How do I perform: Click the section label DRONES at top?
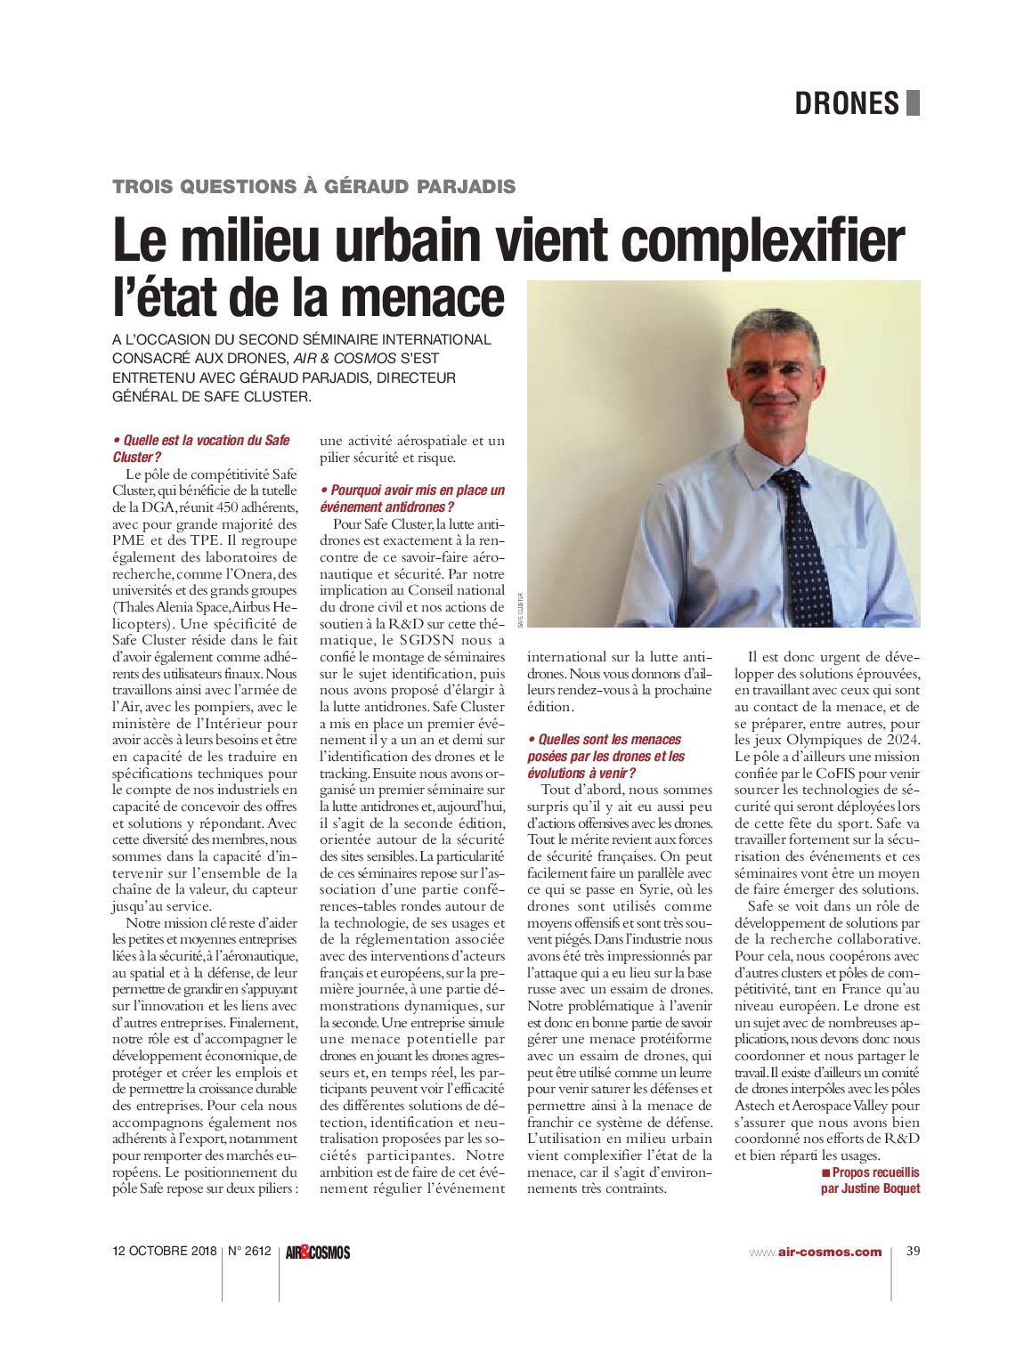tap(847, 103)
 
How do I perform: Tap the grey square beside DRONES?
tap(913, 103)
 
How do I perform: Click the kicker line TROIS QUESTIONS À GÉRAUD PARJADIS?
tap(313, 187)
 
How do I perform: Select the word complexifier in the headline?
tap(762, 241)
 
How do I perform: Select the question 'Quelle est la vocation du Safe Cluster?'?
tap(201, 448)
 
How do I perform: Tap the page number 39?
tap(913, 1251)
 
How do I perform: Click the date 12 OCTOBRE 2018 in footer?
tap(165, 1252)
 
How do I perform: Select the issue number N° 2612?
tap(249, 1252)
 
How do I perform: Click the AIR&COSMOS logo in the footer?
tap(318, 1253)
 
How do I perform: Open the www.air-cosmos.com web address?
tap(816, 1252)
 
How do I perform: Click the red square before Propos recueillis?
tap(825, 1172)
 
